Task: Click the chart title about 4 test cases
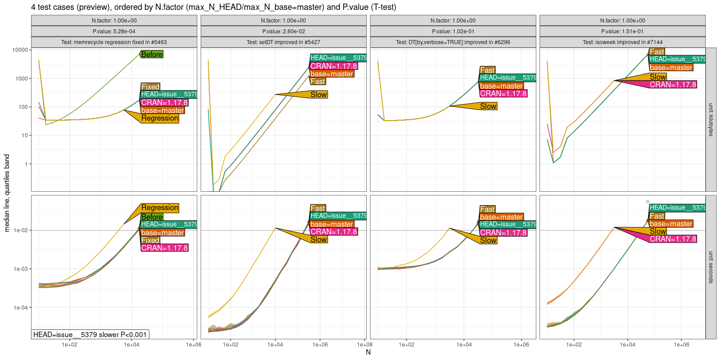[x=213, y=7]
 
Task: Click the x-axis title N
[x=368, y=352]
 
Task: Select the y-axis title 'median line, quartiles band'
[x=7, y=193]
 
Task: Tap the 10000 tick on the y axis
[x=20, y=50]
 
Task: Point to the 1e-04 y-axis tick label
[x=21, y=308]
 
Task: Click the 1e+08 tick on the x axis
[x=364, y=345]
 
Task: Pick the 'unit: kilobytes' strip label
[x=711, y=120]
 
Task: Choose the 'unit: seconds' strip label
[x=711, y=267]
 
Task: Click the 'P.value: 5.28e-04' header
[x=114, y=31]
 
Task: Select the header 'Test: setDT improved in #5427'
[x=283, y=42]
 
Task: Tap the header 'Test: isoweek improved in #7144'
[x=622, y=42]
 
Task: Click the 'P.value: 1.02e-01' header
[x=453, y=31]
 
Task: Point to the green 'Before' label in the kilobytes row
[x=152, y=54]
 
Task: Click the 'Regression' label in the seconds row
[x=160, y=207]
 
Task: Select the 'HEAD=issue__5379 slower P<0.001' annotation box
[x=90, y=334]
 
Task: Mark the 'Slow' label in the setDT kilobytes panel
[x=319, y=94]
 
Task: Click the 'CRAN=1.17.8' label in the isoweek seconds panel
[x=673, y=239]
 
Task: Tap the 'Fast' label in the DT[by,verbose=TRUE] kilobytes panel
[x=487, y=70]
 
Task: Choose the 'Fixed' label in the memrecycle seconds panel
[x=150, y=240]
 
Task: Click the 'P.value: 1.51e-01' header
[x=622, y=31]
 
